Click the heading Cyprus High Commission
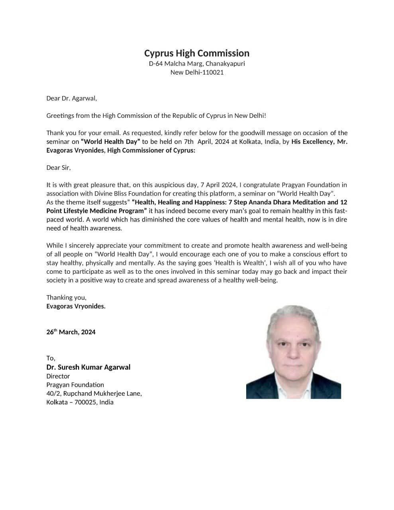point(197,53)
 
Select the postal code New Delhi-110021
point(197,73)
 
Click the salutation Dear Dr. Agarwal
point(72,98)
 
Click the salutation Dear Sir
point(58,168)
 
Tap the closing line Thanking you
point(66,298)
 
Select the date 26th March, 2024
point(71,332)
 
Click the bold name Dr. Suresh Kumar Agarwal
point(88,367)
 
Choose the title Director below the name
point(58,376)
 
